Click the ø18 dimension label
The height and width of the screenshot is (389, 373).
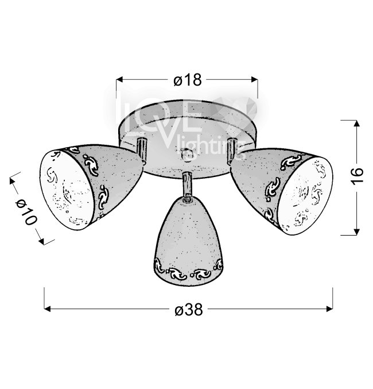[x=188, y=80]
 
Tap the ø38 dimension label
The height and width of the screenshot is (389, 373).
[x=189, y=309]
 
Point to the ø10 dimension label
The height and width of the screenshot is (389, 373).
[x=26, y=211]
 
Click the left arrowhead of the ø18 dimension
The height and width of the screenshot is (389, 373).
[x=119, y=79]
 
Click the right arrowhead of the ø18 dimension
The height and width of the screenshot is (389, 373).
[x=255, y=79]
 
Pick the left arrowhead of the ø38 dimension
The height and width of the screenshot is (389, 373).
[x=47, y=309]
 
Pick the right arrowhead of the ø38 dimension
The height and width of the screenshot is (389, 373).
[x=329, y=309]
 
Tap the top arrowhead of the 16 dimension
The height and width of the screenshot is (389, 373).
[x=356, y=124]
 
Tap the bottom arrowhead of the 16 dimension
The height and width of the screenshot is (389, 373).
[x=356, y=232]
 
